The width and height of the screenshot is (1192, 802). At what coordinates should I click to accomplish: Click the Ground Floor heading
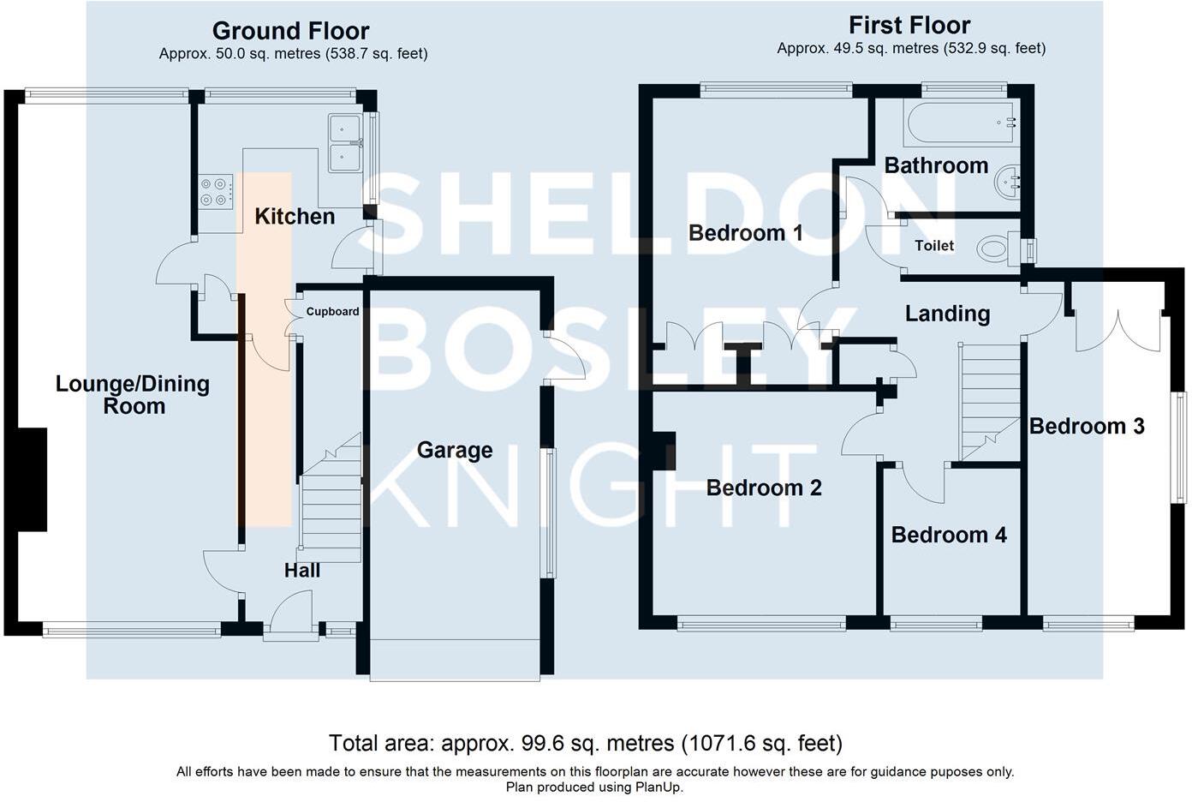coord(290,31)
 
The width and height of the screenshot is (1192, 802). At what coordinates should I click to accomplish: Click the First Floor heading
coord(909,26)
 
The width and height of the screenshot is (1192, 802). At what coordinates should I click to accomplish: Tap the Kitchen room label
coord(295,216)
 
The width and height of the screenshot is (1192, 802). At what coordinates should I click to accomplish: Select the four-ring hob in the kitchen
coord(216,191)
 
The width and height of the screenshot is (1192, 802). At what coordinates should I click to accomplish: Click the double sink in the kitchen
coord(345,143)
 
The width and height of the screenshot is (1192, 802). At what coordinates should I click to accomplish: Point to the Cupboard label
coord(332,312)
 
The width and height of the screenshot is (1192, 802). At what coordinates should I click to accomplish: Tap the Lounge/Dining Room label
coord(133,395)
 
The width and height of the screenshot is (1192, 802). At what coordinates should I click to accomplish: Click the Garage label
coord(455,450)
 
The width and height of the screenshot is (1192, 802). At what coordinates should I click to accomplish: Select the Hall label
coord(302,570)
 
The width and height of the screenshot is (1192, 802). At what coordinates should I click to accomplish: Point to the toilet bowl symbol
coord(994,249)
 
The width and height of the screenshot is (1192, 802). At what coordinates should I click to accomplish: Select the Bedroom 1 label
coord(746,232)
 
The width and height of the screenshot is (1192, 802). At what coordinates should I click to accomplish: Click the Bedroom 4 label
coord(949,535)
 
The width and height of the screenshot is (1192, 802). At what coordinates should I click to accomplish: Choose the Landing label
coord(947,314)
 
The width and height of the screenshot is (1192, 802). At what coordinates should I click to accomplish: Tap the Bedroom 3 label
coord(1087,426)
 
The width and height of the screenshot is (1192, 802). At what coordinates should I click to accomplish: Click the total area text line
coord(586,743)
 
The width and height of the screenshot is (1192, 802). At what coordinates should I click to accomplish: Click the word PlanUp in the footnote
coord(657,787)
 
